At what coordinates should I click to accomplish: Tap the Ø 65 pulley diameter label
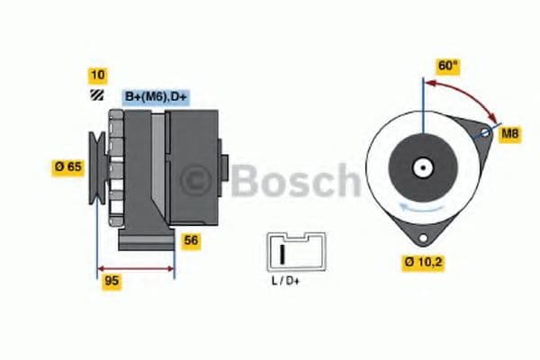[69, 166]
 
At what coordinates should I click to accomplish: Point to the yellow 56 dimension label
[191, 240]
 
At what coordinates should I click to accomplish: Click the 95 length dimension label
[112, 281]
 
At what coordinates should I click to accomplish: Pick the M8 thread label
[510, 134]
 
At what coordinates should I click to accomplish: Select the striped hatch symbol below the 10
[95, 96]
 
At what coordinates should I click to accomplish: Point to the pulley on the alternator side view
[97, 167]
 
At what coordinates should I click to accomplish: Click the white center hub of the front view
[421, 167]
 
